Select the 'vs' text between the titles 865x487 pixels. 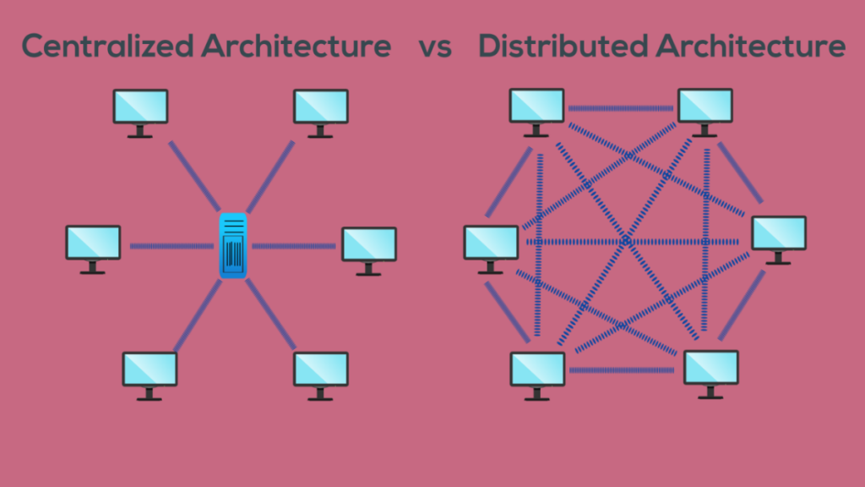tap(434, 47)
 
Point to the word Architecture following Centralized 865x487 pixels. tap(296, 46)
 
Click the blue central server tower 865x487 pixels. tap(232, 245)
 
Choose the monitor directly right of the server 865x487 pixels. tap(368, 246)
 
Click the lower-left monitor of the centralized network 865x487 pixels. tap(150, 371)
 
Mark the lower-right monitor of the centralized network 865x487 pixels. tap(320, 371)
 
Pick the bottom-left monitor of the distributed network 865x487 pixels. tap(537, 371)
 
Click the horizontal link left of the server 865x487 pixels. tap(171, 246)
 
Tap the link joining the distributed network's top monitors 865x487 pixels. tap(620, 108)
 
